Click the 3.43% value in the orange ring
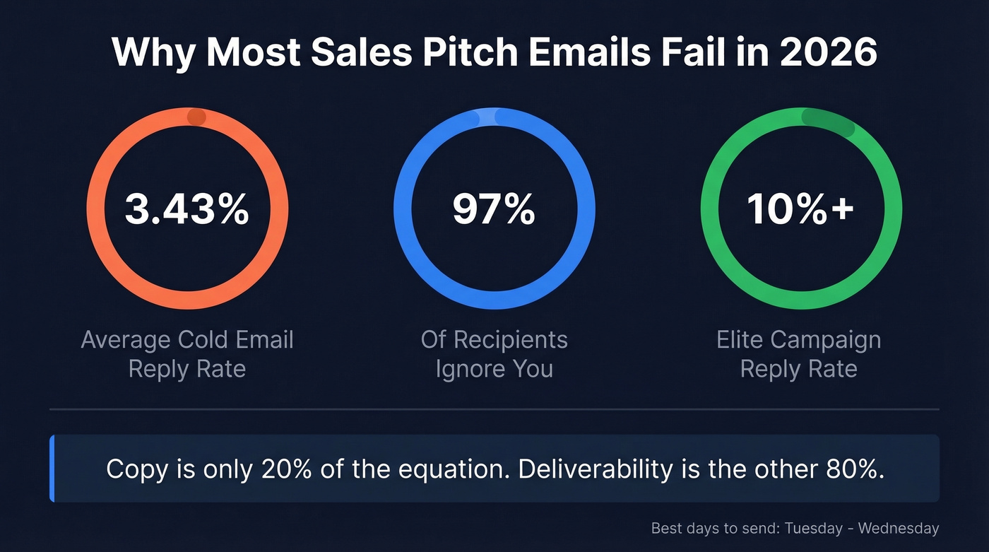click(186, 210)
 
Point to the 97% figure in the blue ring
click(494, 210)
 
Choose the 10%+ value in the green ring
click(800, 210)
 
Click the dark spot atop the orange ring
click(196, 117)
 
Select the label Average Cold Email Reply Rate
click(186, 354)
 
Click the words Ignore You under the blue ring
click(494, 369)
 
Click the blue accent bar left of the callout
click(52, 469)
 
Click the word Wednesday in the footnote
click(899, 528)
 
